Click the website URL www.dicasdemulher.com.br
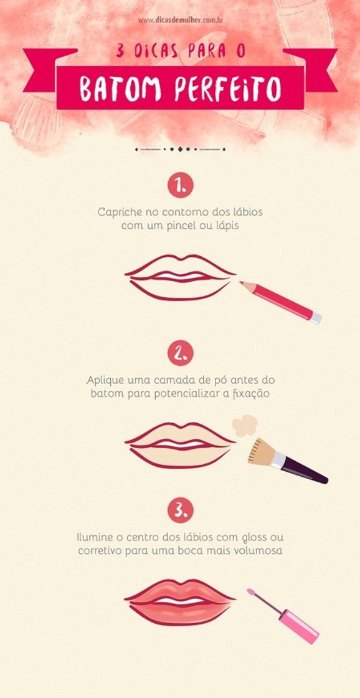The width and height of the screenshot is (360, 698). [x=181, y=21]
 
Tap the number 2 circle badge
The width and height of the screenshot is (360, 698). [x=180, y=353]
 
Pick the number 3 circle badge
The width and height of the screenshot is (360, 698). [x=180, y=510]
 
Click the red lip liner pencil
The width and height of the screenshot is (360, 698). [x=280, y=302]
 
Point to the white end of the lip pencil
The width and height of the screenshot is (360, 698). [x=316, y=318]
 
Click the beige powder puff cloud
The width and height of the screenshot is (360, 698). [x=245, y=425]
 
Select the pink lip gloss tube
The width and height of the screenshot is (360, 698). [x=299, y=626]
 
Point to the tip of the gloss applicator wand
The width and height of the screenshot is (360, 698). [x=250, y=592]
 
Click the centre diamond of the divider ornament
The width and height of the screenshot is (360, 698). [x=180, y=149]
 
